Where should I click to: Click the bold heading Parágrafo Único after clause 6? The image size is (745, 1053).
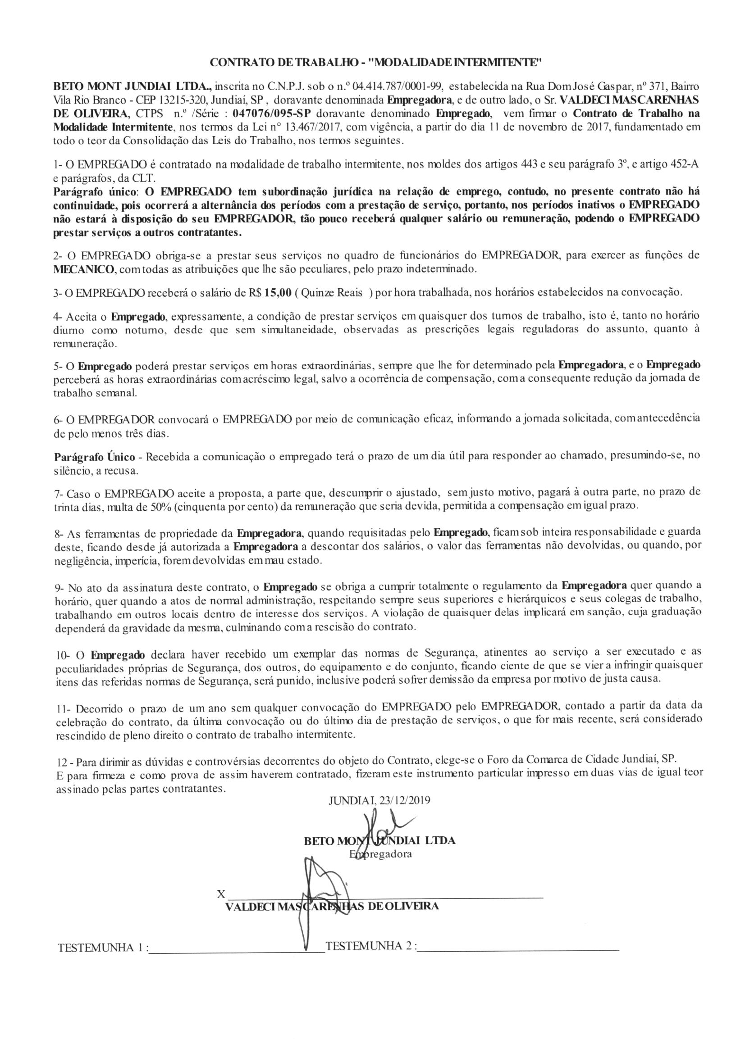tap(94, 457)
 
